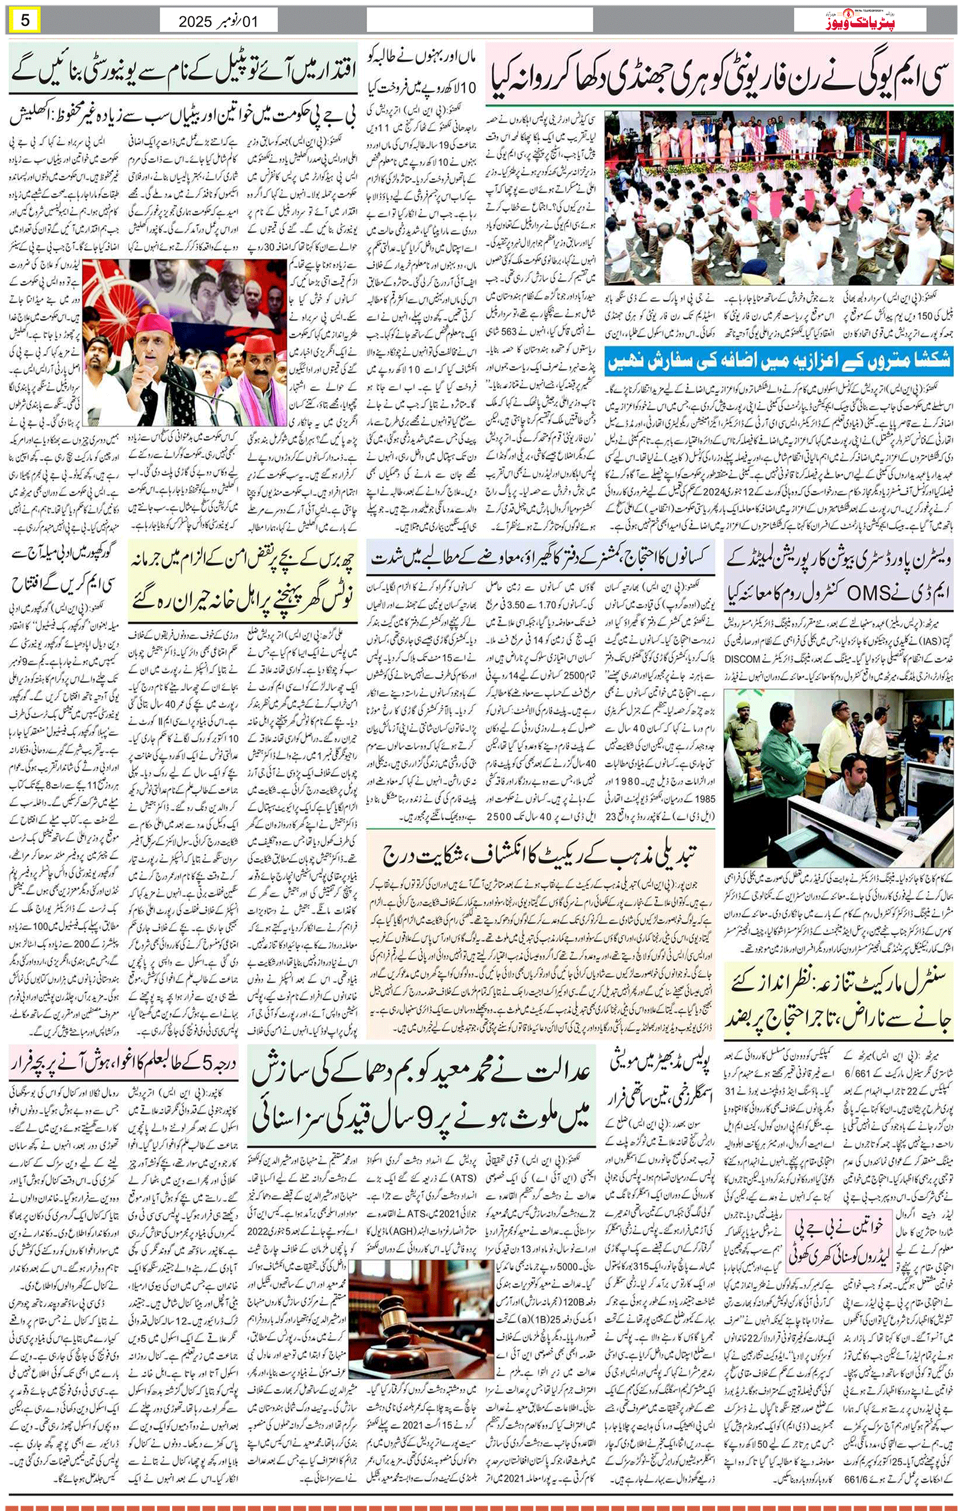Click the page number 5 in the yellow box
pyautogui.click(x=25, y=20)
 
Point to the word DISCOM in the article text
pyautogui.click(x=745, y=658)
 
